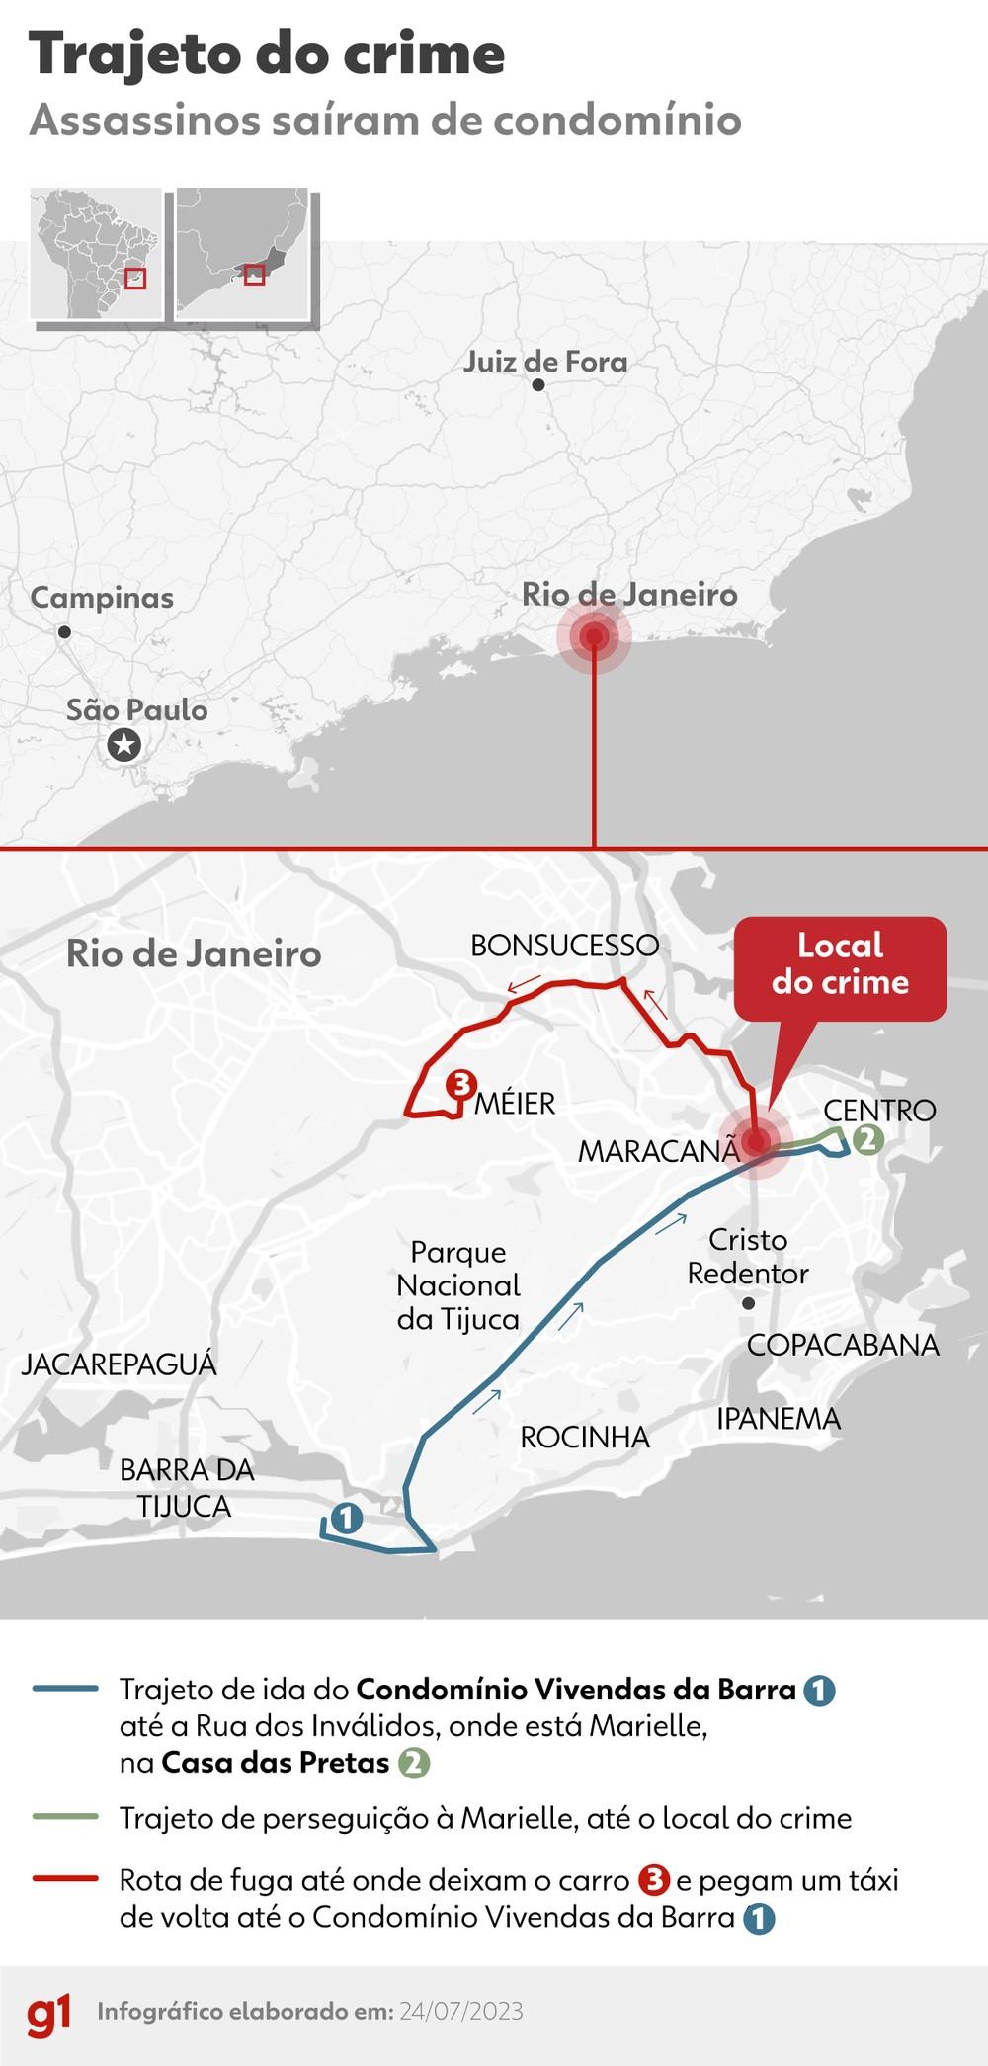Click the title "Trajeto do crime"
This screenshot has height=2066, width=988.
tap(267, 54)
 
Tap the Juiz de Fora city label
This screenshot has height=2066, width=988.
tap(545, 362)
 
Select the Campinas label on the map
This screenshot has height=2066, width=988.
tap(102, 598)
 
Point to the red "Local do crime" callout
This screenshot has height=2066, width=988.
tap(840, 965)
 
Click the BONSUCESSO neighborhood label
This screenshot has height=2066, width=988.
tap(564, 946)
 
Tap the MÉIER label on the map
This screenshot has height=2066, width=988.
tap(515, 1104)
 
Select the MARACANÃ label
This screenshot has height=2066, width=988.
tap(658, 1151)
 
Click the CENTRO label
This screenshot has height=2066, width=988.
tap(879, 1111)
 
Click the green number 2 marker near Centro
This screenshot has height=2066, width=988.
tap(866, 1139)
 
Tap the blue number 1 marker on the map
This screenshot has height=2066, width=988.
tap(346, 1518)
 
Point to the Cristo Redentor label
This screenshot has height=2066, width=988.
tap(748, 1257)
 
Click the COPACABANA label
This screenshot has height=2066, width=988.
tap(843, 1345)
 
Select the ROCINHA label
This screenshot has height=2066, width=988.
tap(585, 1438)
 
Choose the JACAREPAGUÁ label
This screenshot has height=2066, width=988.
tap(119, 1364)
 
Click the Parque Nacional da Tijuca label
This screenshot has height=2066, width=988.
tap(458, 1285)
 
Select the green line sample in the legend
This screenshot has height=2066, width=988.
tap(64, 1816)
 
